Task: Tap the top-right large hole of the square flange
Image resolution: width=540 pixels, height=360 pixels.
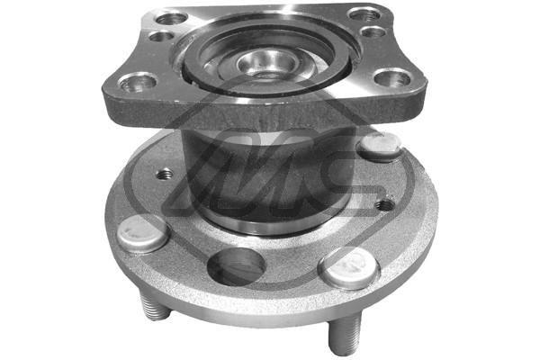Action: point(364,13)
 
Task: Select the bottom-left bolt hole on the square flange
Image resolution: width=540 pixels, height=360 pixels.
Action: point(137,83)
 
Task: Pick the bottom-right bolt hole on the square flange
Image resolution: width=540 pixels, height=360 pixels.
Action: point(392,77)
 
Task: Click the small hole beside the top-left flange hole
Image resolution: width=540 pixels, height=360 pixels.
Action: point(160,37)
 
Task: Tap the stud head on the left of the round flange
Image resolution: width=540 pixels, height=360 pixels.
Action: point(143,233)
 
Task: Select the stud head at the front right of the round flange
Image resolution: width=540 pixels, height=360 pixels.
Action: point(349,267)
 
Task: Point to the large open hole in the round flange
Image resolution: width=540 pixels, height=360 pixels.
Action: point(236,266)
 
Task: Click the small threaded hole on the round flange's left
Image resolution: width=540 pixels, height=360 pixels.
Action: point(165,175)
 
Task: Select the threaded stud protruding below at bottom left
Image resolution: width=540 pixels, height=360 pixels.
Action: point(155,309)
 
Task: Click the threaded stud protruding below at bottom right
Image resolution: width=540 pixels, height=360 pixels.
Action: point(344,336)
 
